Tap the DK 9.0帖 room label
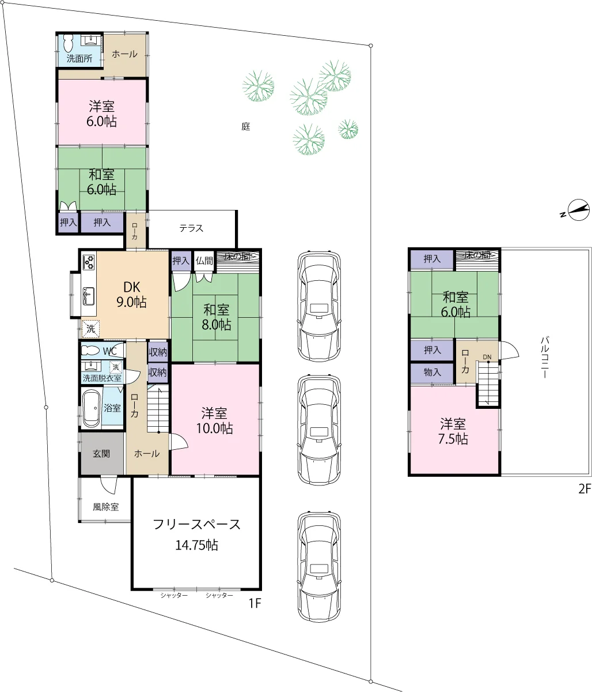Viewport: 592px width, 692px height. coord(131,295)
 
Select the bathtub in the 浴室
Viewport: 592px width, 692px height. coord(91,408)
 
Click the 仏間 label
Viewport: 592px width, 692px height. coord(204,261)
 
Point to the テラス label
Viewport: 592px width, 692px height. coord(191,228)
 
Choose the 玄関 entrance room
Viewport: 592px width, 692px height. coord(101,454)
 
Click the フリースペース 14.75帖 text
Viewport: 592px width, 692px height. coord(196,535)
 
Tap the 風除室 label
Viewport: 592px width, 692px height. coord(105,507)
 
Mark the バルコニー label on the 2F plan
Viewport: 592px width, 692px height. coord(545,358)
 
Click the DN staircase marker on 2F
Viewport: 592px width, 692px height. coord(487,357)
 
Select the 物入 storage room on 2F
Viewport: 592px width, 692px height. coord(432,373)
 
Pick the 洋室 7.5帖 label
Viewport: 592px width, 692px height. coord(453,431)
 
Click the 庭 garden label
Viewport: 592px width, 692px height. coord(246,126)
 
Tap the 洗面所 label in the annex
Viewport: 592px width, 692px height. coord(79,59)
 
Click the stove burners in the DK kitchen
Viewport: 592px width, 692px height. coord(89,262)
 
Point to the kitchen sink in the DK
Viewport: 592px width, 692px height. coord(88,296)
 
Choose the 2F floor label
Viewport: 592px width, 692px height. coord(585,489)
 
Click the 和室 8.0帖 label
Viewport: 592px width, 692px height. coord(217,317)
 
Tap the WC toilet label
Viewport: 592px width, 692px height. coord(109,351)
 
